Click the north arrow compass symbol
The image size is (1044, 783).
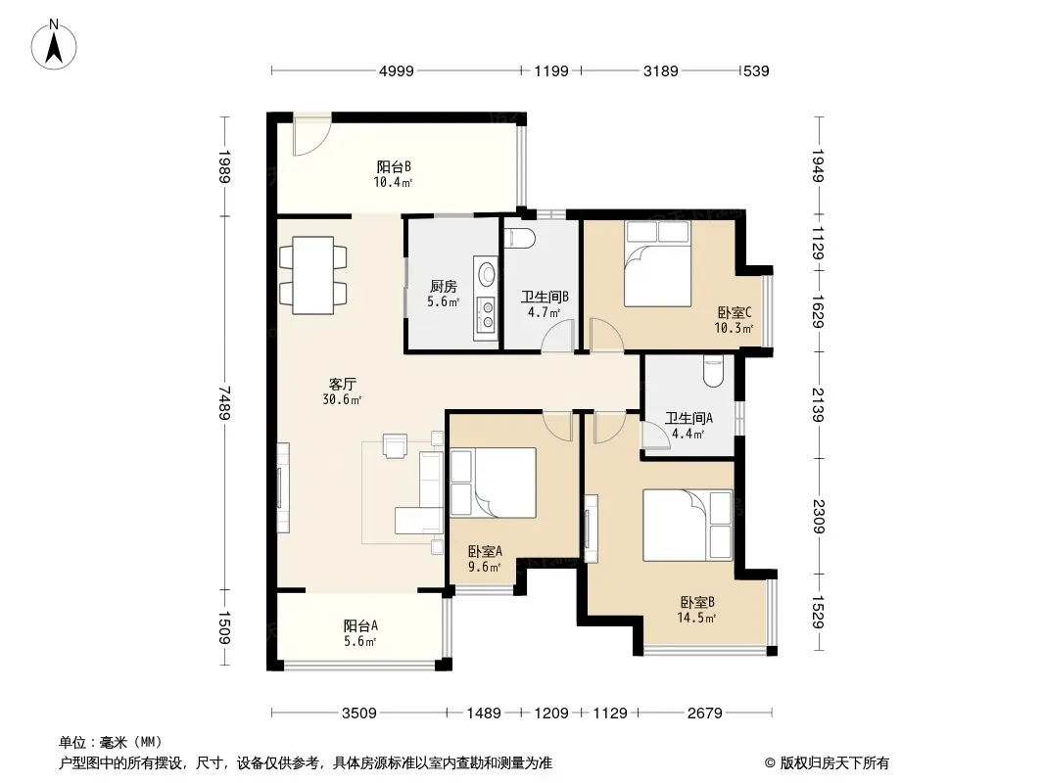click(x=54, y=44)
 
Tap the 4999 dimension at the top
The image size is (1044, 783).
click(x=397, y=70)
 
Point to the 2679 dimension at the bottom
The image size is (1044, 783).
click(x=704, y=714)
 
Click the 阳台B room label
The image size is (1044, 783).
click(x=394, y=166)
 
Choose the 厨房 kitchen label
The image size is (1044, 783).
click(x=444, y=287)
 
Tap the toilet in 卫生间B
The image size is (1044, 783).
click(x=519, y=238)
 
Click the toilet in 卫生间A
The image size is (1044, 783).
click(x=713, y=373)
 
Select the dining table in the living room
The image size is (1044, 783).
click(x=313, y=275)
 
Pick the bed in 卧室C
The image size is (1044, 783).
click(x=657, y=263)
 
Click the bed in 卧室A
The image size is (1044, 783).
click(x=493, y=483)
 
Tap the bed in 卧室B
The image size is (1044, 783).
click(x=688, y=525)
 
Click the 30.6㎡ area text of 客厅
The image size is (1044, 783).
click(x=342, y=399)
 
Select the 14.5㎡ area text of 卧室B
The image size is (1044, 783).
click(x=696, y=618)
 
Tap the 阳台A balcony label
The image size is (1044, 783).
click(x=360, y=626)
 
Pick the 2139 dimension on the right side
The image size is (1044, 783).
click(x=819, y=405)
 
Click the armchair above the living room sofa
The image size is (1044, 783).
click(x=395, y=445)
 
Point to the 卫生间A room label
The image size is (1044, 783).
click(x=688, y=419)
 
